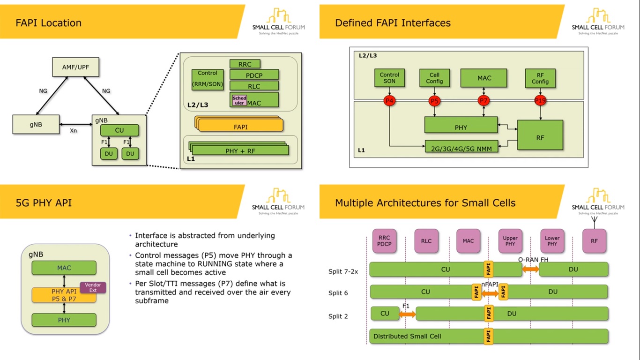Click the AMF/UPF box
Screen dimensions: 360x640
point(75,67)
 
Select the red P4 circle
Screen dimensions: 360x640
point(389,101)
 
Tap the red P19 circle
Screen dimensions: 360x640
point(541,101)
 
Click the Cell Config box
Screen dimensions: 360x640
point(434,78)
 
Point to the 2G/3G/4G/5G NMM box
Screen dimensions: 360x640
point(461,147)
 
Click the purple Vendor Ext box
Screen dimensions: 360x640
point(93,287)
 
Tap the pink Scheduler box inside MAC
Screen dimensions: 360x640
point(239,100)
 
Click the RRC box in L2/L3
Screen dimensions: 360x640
point(245,64)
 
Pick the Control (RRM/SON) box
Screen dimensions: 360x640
point(208,79)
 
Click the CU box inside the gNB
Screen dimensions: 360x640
point(119,130)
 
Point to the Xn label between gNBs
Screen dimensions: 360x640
point(73,131)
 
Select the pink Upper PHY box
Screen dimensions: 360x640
point(510,241)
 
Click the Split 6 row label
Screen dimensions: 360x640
point(338,293)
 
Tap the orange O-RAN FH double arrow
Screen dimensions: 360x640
point(530,269)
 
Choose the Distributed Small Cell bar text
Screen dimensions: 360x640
point(407,336)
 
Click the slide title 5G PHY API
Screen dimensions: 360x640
point(44,203)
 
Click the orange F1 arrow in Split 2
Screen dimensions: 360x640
point(407,314)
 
